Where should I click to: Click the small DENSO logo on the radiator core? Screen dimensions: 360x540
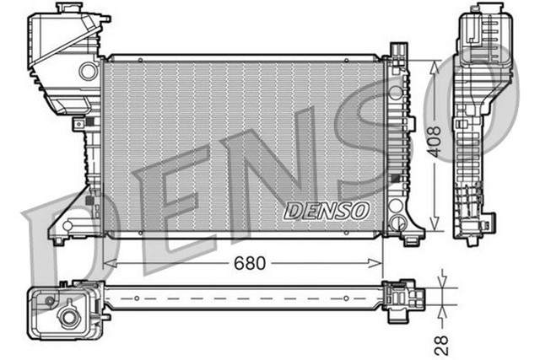coord(326,210)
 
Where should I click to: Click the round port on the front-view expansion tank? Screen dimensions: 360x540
coord(89,73)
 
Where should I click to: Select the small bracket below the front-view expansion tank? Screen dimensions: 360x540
coord(79,124)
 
